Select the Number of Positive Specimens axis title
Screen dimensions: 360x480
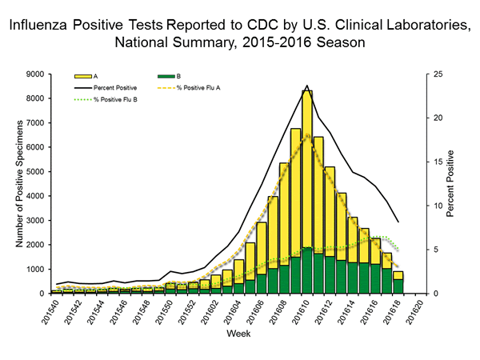coord(17,183)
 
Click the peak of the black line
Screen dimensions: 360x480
coord(306,86)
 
